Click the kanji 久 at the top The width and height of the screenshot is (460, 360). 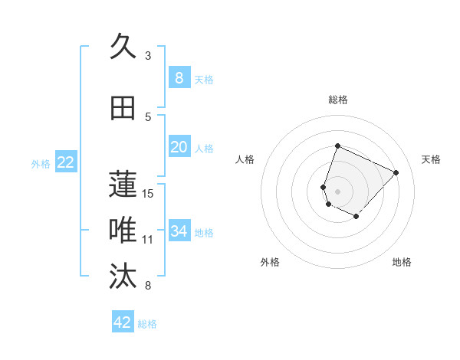(123, 47)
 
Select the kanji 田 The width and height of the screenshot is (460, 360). (123, 109)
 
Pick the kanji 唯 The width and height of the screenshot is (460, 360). (123, 231)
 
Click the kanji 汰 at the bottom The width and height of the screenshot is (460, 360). (123, 277)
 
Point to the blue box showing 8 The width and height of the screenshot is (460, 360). (179, 77)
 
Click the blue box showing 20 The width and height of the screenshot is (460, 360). (179, 147)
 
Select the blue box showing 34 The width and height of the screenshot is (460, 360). (179, 231)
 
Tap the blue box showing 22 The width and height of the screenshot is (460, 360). (65, 162)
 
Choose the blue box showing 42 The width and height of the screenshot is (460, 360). (123, 322)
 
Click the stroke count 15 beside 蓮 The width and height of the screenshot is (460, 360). (149, 193)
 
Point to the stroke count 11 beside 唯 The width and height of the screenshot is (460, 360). (148, 240)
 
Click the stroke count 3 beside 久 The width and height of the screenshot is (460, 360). (148, 56)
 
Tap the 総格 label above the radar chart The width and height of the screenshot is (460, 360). (338, 100)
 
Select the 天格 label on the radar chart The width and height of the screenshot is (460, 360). (431, 159)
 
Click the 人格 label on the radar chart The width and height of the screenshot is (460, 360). (245, 159)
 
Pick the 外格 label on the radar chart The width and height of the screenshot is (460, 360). (270, 262)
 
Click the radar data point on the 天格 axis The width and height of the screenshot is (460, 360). (396, 172)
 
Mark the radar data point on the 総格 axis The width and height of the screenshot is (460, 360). (337, 146)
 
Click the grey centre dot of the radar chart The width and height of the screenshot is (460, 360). (337, 191)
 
